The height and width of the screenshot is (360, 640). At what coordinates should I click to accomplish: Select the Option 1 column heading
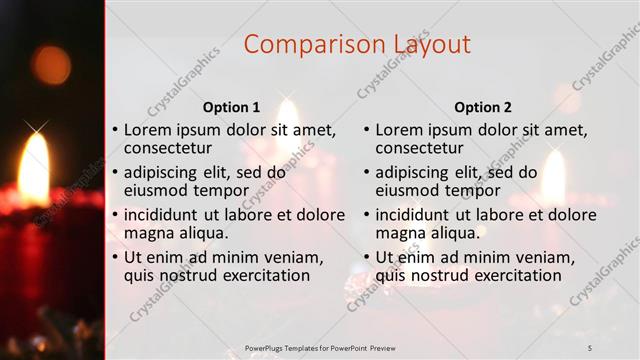[231, 107]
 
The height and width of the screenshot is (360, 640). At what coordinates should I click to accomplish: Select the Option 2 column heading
[482, 107]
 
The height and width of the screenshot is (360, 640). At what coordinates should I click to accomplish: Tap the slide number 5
[589, 347]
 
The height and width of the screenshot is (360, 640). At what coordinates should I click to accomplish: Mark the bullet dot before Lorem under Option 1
[116, 131]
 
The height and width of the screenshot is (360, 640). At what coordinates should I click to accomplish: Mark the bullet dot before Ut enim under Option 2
[367, 257]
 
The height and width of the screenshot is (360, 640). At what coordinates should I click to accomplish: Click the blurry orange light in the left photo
[50, 64]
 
